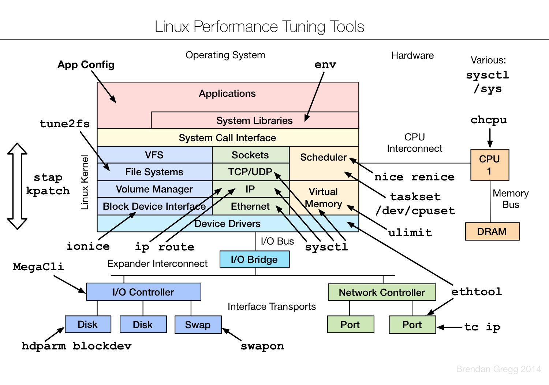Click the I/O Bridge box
(x=254, y=260)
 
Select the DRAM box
(x=492, y=232)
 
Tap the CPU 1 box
(x=489, y=165)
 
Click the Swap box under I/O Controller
(x=198, y=325)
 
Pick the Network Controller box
(x=382, y=293)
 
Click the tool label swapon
(x=262, y=346)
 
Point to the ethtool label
(x=476, y=292)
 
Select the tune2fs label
(x=65, y=124)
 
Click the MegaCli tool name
(x=38, y=267)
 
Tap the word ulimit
(x=410, y=233)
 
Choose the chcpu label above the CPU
(x=489, y=120)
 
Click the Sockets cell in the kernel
(x=250, y=155)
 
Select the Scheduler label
(x=323, y=157)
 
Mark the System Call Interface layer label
(x=227, y=138)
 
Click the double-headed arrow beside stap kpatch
(x=17, y=186)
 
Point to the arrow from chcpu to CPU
(x=490, y=138)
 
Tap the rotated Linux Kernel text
(x=85, y=183)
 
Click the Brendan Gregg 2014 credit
(x=498, y=369)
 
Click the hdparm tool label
(x=44, y=346)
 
